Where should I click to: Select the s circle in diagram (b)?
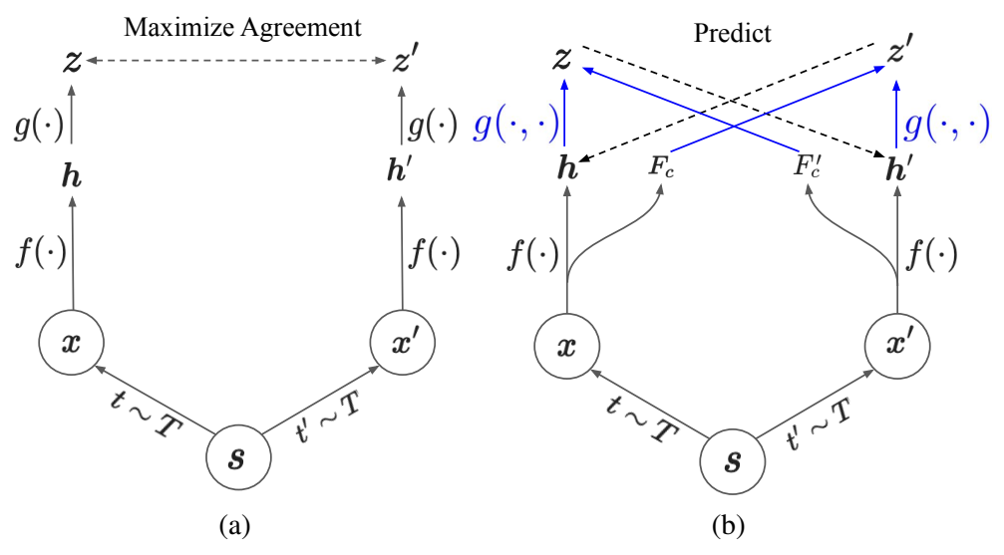click(x=732, y=462)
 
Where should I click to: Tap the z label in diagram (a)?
click(x=71, y=63)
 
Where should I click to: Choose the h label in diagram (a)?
click(x=72, y=182)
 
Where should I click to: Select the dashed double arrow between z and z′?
click(x=236, y=63)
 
